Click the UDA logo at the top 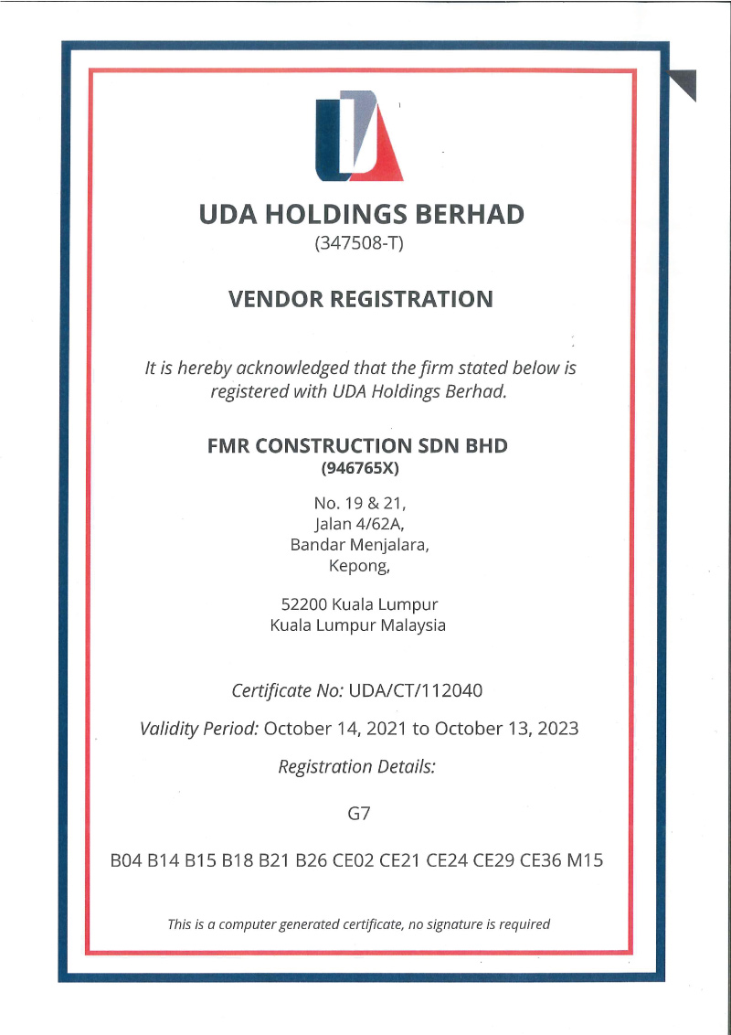point(359,136)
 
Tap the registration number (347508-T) point(358,244)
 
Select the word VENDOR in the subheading point(272,299)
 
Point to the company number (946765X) point(360,469)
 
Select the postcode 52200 point(304,604)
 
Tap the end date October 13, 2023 point(506,729)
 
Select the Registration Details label point(356,767)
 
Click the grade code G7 point(359,813)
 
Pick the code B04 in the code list point(125,860)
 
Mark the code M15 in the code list point(586,860)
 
